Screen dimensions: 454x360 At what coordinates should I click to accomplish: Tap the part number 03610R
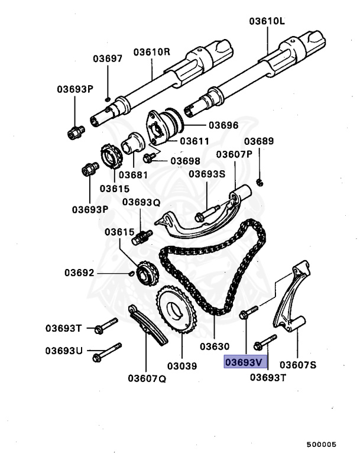151,52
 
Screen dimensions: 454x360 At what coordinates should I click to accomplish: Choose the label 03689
260,141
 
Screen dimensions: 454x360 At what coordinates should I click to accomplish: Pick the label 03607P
234,154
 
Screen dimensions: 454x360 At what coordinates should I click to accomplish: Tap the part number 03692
79,273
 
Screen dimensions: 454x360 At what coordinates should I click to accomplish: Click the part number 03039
181,367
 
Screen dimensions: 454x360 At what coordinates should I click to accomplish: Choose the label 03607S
299,364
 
